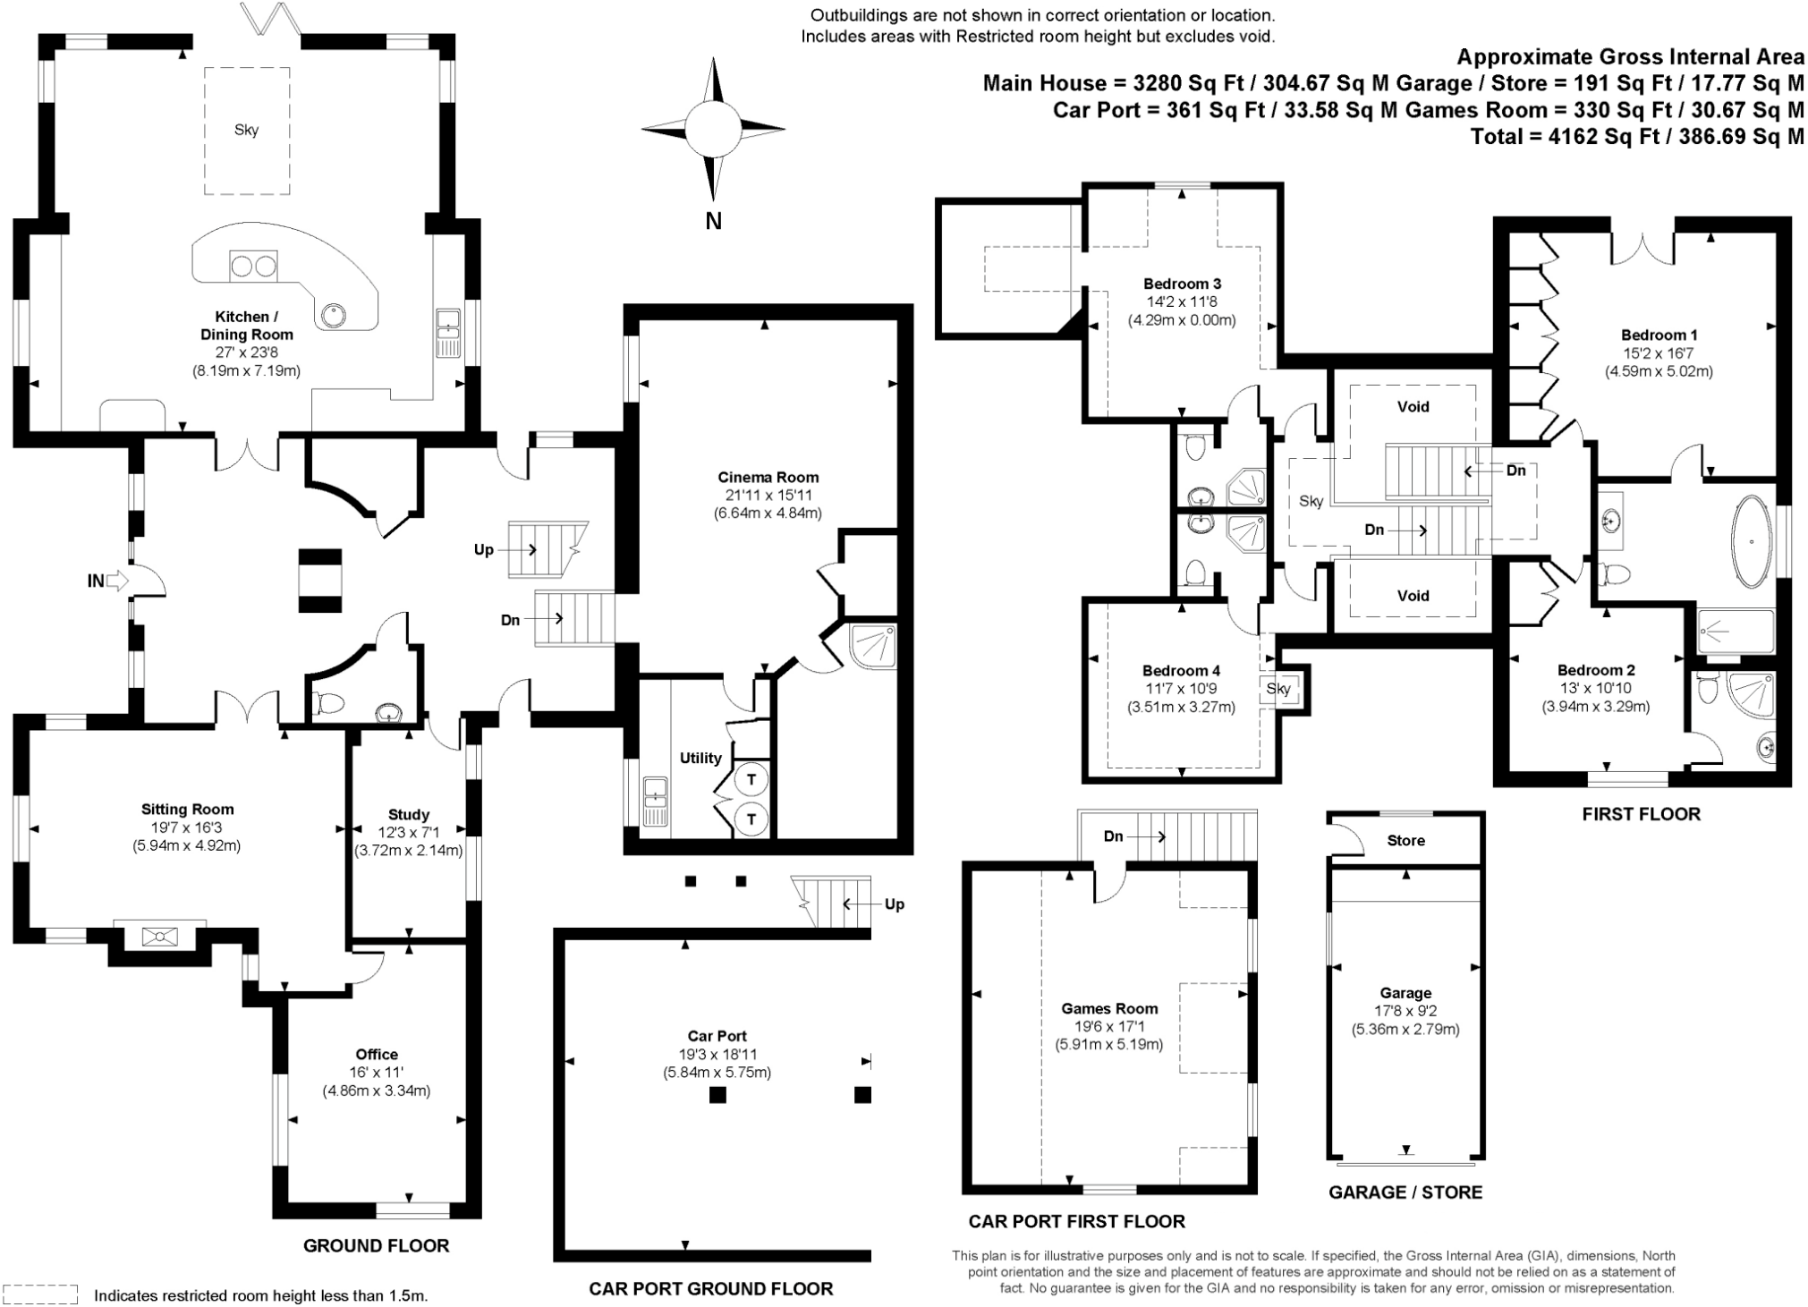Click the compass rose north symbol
point(713,128)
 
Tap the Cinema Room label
point(768,478)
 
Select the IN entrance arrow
point(117,581)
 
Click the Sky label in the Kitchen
point(246,130)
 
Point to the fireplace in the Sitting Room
point(159,937)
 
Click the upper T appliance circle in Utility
point(751,779)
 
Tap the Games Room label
point(1109,1008)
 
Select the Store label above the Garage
point(1405,840)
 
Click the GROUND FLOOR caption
point(376,1245)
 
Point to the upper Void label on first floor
point(1413,406)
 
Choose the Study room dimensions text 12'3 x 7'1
point(408,833)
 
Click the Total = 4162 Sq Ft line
point(1637,137)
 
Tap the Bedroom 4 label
point(1181,671)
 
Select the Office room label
point(377,1055)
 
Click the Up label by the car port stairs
point(894,904)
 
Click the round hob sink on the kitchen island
point(334,313)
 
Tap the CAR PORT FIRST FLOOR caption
point(1076,1221)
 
